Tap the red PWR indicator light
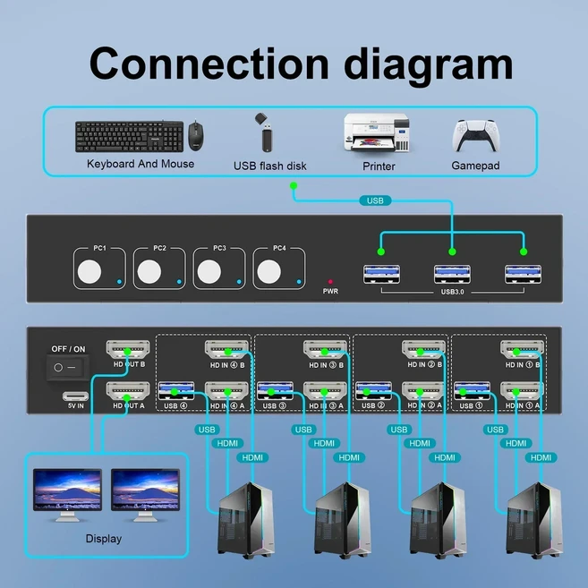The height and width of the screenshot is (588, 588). (x=330, y=280)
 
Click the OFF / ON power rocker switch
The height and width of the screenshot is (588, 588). (x=64, y=367)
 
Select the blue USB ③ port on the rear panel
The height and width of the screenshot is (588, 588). (x=274, y=390)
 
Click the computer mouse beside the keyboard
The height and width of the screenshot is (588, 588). (x=195, y=136)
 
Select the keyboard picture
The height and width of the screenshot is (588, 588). (x=128, y=137)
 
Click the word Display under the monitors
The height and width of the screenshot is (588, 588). (x=103, y=539)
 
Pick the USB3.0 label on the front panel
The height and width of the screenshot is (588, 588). (x=453, y=292)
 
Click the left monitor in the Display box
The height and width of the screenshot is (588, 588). (x=67, y=490)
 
